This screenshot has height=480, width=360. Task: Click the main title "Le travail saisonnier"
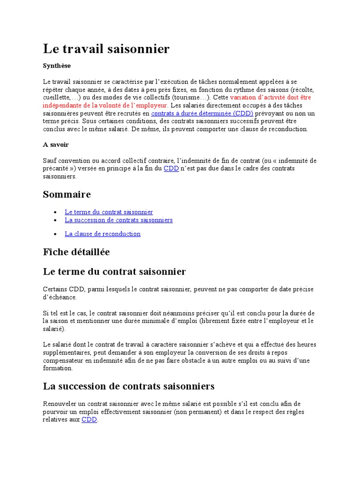106,49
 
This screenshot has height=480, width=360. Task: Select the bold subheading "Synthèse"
57,66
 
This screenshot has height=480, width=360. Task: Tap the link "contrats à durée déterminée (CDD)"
202,113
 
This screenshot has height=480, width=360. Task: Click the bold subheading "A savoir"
56,145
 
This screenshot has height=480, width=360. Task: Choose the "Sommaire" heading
67,195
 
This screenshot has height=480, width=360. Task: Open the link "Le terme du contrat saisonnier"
109,212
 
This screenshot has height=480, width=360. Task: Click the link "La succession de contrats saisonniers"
119,220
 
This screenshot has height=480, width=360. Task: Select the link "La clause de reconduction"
103,234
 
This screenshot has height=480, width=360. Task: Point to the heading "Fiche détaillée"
76,252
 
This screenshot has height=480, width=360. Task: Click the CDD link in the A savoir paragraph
171,168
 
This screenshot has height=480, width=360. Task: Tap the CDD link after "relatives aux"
89,420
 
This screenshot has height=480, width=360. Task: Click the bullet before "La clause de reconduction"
55,234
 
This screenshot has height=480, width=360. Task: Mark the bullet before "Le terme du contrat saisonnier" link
55,212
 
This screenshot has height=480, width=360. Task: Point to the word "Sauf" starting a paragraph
50,161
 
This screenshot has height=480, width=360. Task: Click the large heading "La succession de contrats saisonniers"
129,387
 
